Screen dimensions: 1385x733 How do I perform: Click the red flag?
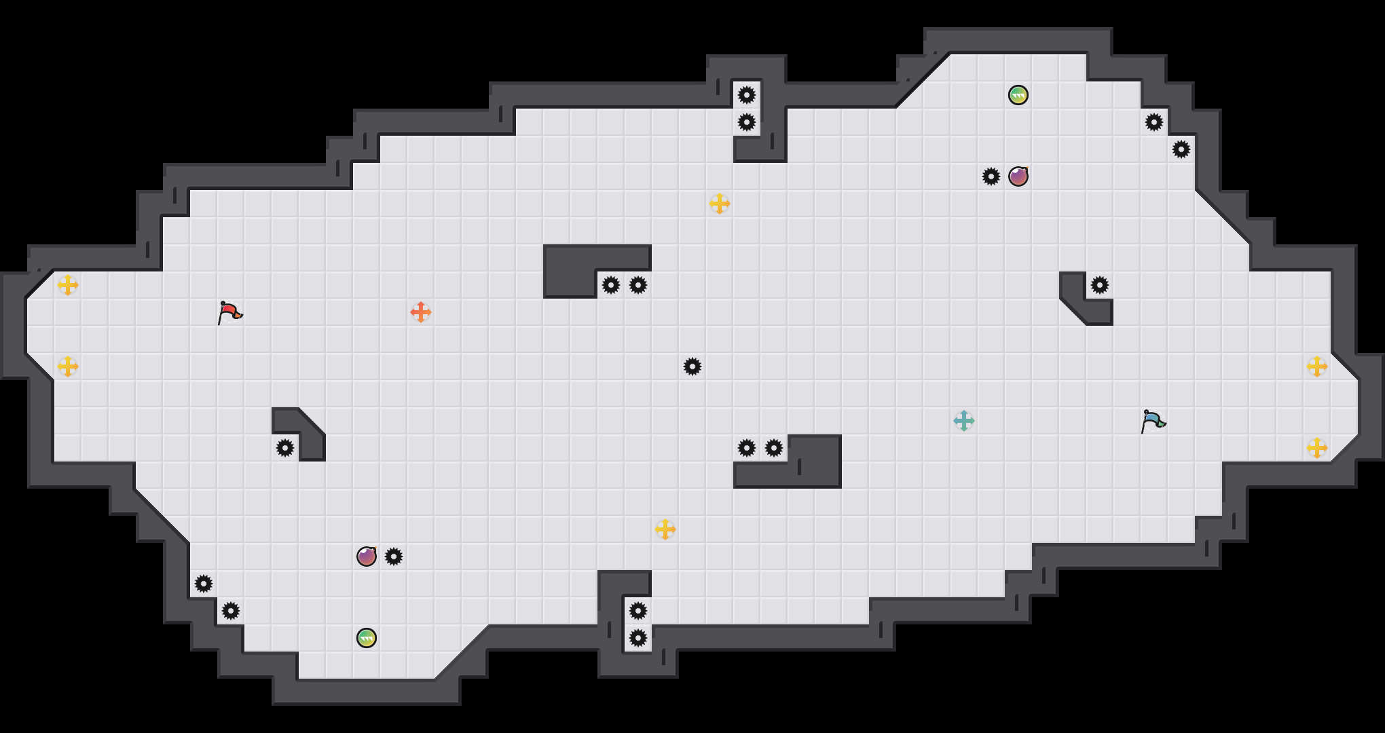click(x=229, y=312)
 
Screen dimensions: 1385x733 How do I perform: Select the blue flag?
click(x=1153, y=421)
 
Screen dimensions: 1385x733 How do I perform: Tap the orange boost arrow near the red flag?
click(x=421, y=312)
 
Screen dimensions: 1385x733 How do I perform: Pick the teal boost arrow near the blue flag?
click(x=964, y=421)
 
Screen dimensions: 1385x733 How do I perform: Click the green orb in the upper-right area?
click(x=1018, y=95)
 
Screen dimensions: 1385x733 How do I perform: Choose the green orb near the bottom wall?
click(x=367, y=638)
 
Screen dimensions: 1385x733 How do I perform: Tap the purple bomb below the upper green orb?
click(x=1018, y=176)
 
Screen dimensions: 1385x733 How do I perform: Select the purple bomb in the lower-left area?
click(x=367, y=557)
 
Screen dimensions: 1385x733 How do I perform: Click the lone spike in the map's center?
click(x=692, y=366)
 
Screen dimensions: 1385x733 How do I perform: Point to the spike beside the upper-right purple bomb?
click(x=991, y=176)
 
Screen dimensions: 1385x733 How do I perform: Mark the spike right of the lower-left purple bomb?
click(x=394, y=557)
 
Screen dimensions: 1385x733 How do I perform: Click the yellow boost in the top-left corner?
click(x=68, y=285)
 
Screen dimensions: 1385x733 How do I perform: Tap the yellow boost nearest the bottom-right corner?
click(x=1317, y=448)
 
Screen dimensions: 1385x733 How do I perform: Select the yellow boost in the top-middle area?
click(x=720, y=204)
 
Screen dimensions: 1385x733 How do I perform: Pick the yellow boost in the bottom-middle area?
click(x=665, y=529)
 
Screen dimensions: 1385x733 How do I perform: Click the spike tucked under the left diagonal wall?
click(x=285, y=448)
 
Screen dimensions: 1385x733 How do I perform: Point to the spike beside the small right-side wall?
click(x=1100, y=285)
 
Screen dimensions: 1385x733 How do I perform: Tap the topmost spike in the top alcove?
click(x=747, y=95)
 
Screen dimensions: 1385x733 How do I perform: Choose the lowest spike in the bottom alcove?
click(x=638, y=638)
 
